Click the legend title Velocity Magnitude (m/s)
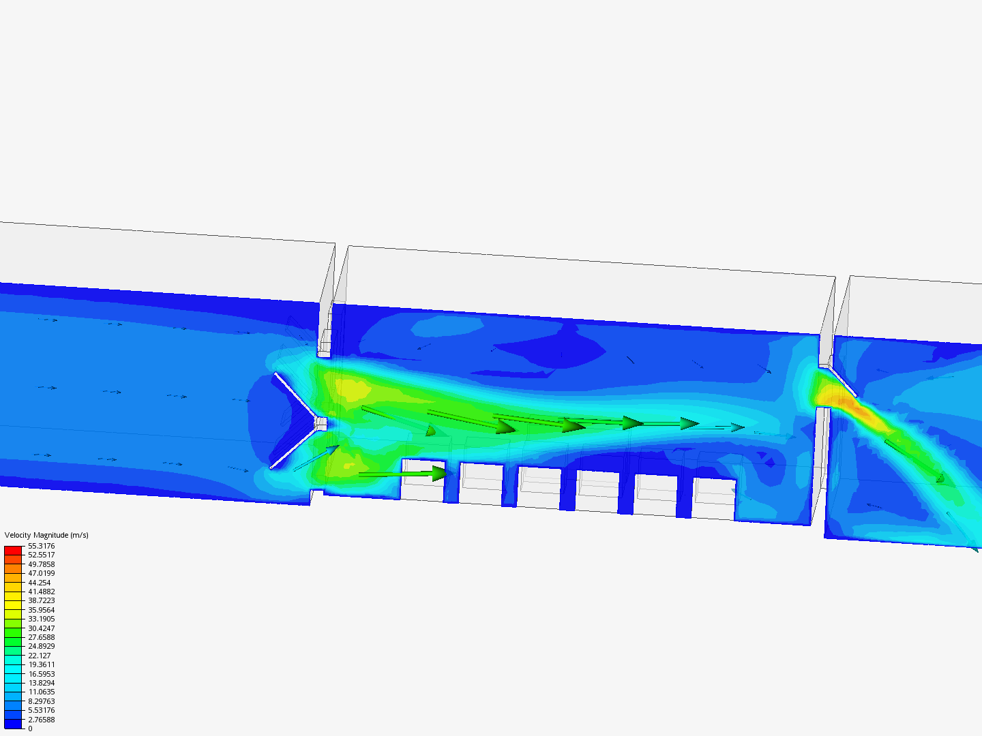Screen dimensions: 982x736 pos(46,535)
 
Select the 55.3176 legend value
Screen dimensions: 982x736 pos(41,546)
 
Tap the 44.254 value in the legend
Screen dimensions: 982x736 pos(40,582)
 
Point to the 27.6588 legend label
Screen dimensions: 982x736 pos(41,637)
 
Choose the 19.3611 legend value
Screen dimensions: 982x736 pos(41,664)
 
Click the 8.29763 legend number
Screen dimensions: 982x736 pos(41,701)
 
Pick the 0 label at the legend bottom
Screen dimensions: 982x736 pos(30,729)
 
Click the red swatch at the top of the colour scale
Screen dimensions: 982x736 pos(13,550)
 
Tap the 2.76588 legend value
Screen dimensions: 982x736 pos(41,720)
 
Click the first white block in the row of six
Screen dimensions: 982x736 pos(423,480)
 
